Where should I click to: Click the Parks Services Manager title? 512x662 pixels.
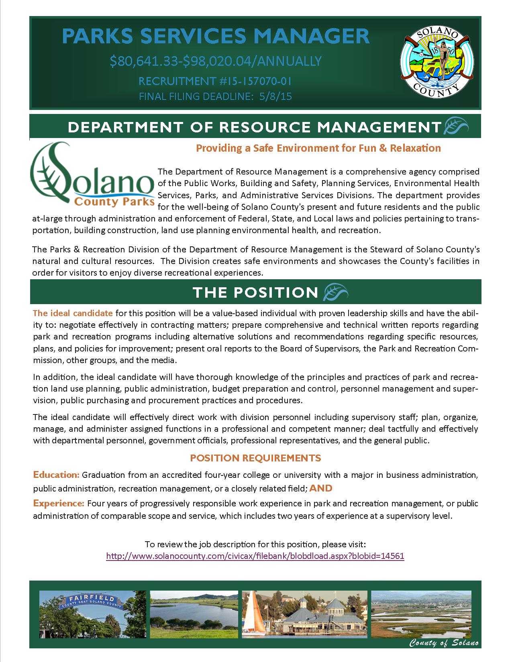pyautogui.click(x=216, y=37)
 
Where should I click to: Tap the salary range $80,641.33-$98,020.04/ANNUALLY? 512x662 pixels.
pyautogui.click(x=216, y=61)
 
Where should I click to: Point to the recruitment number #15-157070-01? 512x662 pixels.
pyautogui.click(x=215, y=81)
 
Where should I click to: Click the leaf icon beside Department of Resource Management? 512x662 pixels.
pyautogui.click(x=455, y=126)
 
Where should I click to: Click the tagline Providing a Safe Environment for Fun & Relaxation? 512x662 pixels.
pyautogui.click(x=318, y=148)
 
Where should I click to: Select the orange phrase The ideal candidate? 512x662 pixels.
pyautogui.click(x=73, y=313)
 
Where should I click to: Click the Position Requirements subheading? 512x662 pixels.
pyautogui.click(x=255, y=458)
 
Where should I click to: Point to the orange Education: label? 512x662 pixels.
pyautogui.click(x=57, y=475)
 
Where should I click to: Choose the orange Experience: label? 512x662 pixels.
pyautogui.click(x=59, y=503)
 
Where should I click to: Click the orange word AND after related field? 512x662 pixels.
pyautogui.click(x=321, y=488)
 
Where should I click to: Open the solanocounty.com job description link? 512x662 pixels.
pyautogui.click(x=255, y=556)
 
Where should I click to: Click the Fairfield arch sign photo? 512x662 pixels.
pyautogui.click(x=92, y=613)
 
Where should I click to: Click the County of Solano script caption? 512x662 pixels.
pyautogui.click(x=444, y=644)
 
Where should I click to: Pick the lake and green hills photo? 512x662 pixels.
pyautogui.click(x=194, y=613)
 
